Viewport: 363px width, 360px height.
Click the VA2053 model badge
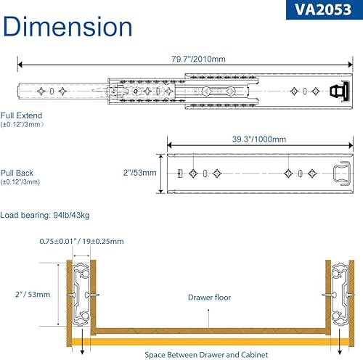(x=325, y=9)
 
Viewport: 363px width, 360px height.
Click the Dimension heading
(x=68, y=26)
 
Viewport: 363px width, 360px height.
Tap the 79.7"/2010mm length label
(x=198, y=59)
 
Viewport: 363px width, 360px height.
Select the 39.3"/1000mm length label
(x=259, y=139)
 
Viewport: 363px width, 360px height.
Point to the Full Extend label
(x=21, y=115)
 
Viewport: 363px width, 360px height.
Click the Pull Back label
(x=17, y=173)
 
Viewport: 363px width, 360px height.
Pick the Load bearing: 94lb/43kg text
(x=45, y=215)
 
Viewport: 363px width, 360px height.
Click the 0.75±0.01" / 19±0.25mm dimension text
(x=81, y=241)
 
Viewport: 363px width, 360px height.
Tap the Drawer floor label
(x=209, y=298)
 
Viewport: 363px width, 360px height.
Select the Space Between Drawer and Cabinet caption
(x=206, y=355)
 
